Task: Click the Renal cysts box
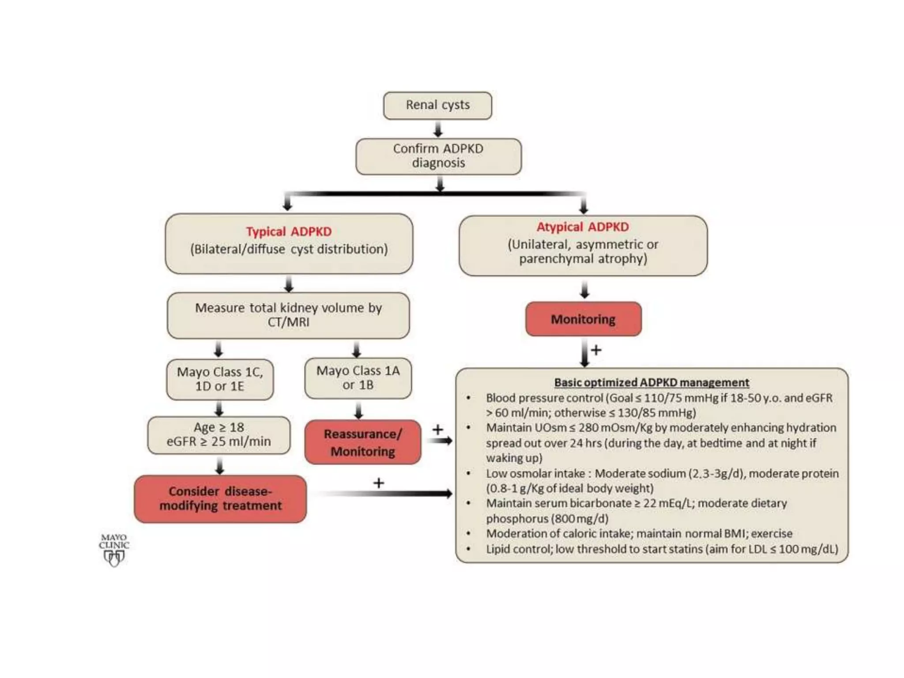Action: click(x=437, y=105)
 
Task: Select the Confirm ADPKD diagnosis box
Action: click(x=438, y=156)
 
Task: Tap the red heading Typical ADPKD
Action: click(x=289, y=232)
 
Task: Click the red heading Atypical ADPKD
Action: click(x=583, y=227)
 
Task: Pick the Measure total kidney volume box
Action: click(x=288, y=315)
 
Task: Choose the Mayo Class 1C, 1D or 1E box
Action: click(x=220, y=379)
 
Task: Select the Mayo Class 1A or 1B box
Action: click(x=358, y=378)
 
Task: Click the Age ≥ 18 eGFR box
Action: click(x=219, y=435)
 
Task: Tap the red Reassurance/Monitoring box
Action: click(x=362, y=442)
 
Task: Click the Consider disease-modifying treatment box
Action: click(x=220, y=499)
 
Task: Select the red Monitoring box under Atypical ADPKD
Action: click(x=583, y=319)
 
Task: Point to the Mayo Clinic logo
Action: click(x=114, y=550)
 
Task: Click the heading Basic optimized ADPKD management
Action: click(x=652, y=382)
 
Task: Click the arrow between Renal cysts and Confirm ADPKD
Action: click(x=438, y=129)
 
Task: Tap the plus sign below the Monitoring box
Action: click(x=596, y=350)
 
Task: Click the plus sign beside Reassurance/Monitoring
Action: click(x=437, y=429)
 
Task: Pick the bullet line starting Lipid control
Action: click(x=661, y=549)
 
